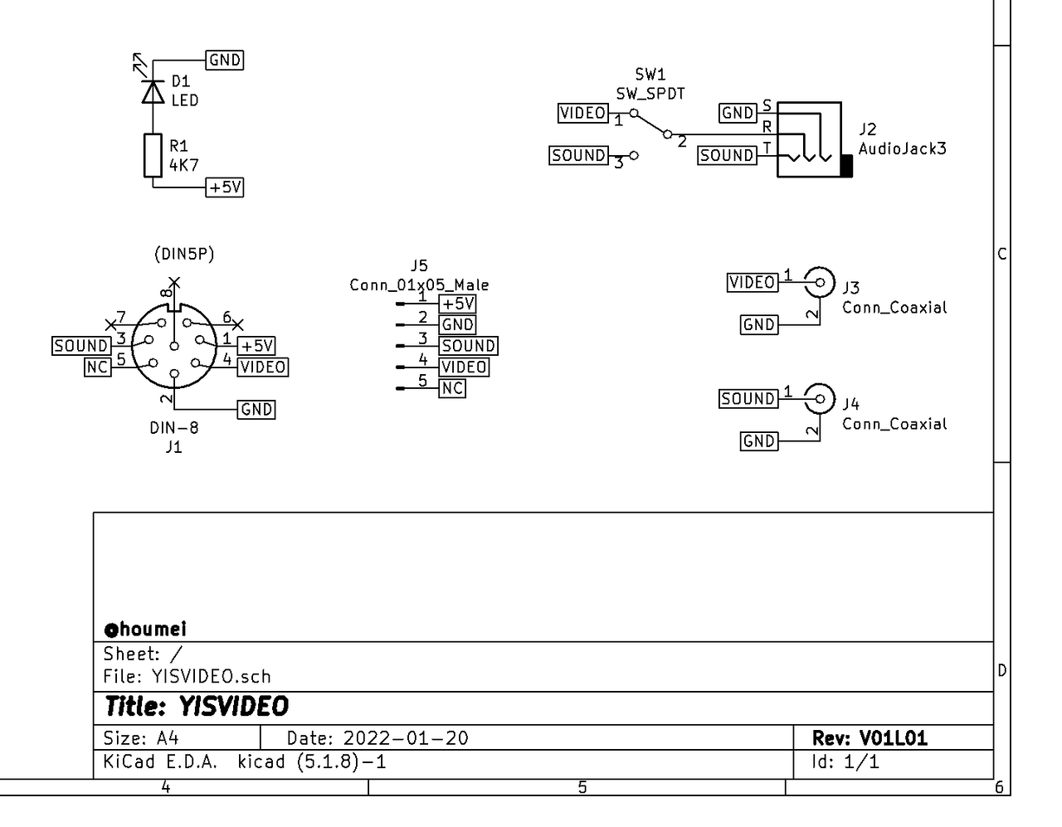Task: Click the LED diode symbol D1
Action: (153, 92)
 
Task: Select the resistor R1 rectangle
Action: (153, 155)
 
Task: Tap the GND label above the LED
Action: (224, 60)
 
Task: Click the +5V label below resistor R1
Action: (224, 187)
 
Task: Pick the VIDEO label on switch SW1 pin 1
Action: (583, 113)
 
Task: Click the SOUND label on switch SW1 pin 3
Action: (578, 155)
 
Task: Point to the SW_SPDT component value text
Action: (650, 93)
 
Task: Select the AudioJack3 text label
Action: (902, 148)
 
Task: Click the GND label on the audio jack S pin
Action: (738, 113)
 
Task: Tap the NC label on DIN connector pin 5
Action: (98, 367)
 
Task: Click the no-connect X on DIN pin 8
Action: (174, 282)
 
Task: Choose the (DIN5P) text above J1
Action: (184, 254)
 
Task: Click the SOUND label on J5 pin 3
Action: (468, 346)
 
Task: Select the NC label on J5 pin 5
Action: (452, 388)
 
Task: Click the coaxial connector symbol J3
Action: (820, 282)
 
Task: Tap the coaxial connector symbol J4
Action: (820, 399)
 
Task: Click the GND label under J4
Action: (759, 441)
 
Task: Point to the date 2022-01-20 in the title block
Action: (406, 738)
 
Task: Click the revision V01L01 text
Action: (893, 738)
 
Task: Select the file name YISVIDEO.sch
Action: (211, 677)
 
